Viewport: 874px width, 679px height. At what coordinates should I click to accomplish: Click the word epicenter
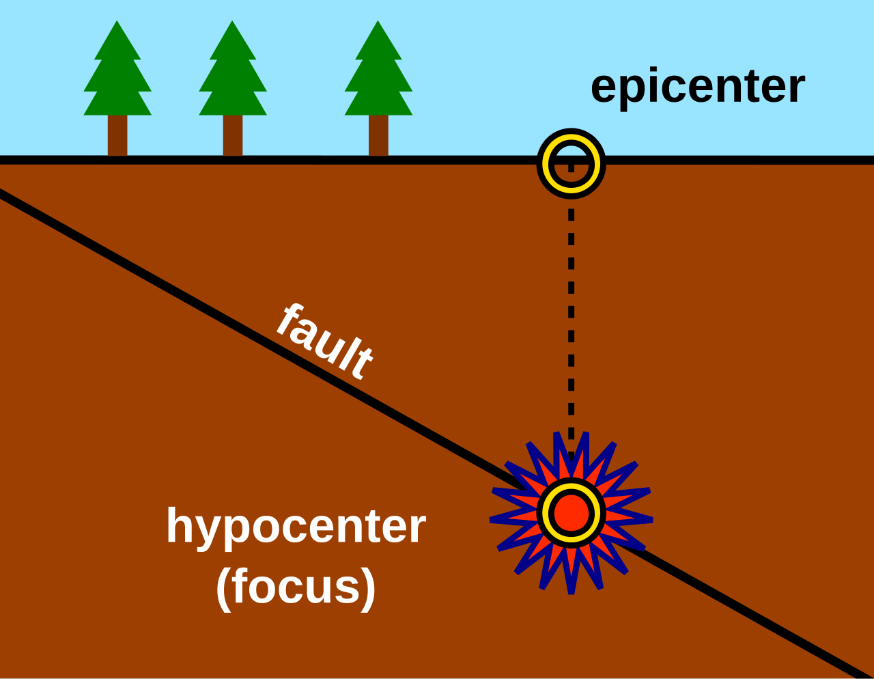click(697, 87)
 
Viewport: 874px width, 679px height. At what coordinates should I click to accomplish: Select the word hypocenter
click(296, 527)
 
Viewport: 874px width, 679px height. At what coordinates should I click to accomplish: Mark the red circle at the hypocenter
click(571, 513)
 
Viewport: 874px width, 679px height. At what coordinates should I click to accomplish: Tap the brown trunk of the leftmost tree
click(117, 135)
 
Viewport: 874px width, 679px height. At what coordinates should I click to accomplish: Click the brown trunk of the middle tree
click(233, 135)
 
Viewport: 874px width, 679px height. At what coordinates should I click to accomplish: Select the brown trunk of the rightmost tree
click(378, 135)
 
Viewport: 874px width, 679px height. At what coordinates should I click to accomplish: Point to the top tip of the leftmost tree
click(117, 23)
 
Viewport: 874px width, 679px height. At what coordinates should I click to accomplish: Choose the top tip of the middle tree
click(233, 23)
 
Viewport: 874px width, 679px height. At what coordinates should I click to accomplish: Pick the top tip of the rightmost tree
click(378, 23)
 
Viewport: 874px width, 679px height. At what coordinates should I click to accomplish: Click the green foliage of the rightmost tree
click(378, 82)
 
